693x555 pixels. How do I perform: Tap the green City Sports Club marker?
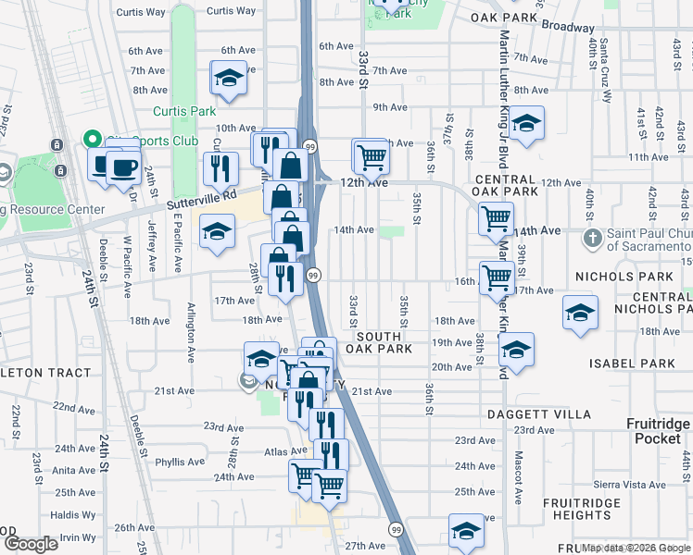click(92, 141)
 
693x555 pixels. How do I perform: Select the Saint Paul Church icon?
click(594, 239)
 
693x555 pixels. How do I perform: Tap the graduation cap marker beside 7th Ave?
click(228, 80)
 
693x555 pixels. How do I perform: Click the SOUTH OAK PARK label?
click(379, 342)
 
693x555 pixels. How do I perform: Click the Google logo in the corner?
click(30, 544)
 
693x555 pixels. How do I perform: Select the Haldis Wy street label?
click(73, 514)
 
